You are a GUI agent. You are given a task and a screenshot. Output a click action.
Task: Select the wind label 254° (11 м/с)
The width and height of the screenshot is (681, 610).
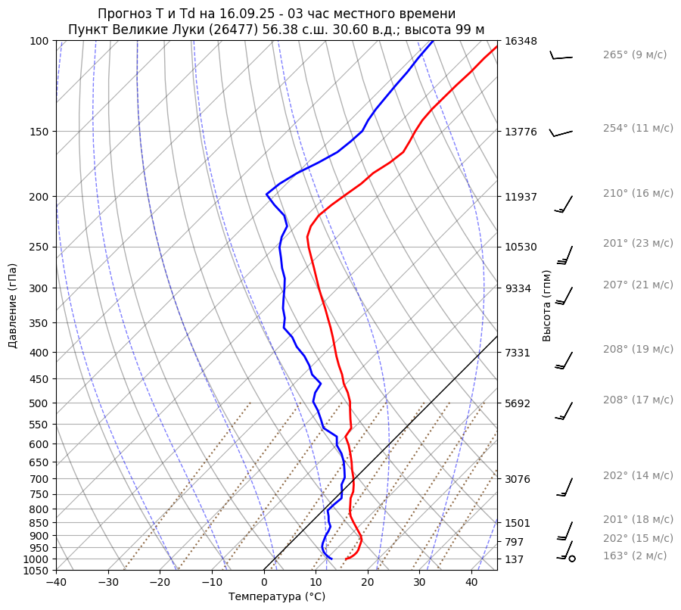pyautogui.click(x=638, y=128)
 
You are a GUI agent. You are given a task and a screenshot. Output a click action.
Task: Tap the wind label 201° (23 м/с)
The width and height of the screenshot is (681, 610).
pyautogui.click(x=638, y=243)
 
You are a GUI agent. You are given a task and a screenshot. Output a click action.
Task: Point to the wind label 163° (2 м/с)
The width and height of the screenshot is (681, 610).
pyautogui.click(x=635, y=556)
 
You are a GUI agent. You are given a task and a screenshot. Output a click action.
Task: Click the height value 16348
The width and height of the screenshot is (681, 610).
pyautogui.click(x=521, y=41)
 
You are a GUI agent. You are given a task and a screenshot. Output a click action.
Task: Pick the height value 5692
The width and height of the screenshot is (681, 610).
pyautogui.click(x=518, y=403)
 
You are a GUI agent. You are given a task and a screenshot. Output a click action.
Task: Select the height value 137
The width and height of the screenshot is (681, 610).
pyautogui.click(x=515, y=559)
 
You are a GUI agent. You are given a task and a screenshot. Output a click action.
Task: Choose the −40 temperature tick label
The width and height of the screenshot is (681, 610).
pyautogui.click(x=56, y=583)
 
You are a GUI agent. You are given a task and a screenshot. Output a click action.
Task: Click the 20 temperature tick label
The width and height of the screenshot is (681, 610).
pyautogui.click(x=368, y=583)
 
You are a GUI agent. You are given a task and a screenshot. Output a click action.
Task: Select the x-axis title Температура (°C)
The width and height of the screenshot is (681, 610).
pyautogui.click(x=277, y=596)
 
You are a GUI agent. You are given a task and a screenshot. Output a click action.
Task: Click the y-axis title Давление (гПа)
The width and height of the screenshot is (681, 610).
pyautogui.click(x=13, y=306)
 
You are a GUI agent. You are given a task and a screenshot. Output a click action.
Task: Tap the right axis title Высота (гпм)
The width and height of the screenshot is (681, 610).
pyautogui.click(x=547, y=306)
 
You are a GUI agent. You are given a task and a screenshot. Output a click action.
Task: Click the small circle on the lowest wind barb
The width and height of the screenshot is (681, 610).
pyautogui.click(x=572, y=559)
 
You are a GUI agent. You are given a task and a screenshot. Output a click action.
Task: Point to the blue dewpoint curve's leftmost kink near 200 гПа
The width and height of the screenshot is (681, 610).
pyautogui.click(x=266, y=195)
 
